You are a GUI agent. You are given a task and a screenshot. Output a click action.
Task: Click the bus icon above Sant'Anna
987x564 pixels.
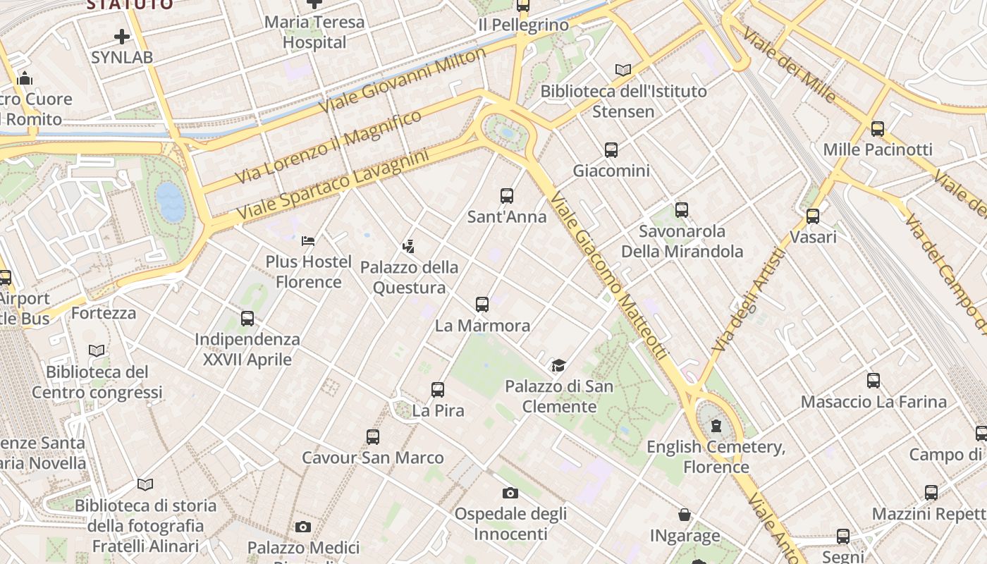point(506,196)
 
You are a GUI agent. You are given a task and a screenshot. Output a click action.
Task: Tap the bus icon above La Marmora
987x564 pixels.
point(482,305)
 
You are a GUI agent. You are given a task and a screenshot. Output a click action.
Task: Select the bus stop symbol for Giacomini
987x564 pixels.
point(611,150)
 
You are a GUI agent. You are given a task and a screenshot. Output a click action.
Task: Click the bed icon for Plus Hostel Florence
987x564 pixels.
point(308,241)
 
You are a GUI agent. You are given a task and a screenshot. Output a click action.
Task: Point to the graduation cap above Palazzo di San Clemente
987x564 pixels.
point(559,365)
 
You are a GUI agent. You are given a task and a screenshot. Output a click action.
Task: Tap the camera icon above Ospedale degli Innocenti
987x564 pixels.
point(510,493)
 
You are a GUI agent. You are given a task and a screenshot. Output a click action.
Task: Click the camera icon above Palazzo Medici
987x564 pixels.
point(303,527)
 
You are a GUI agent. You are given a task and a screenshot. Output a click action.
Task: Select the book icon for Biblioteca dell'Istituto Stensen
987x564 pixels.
point(623,70)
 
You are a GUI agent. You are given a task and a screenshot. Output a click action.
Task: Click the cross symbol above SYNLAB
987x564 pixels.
point(122,37)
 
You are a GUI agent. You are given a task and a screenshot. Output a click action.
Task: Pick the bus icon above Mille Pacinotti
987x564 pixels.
point(878,129)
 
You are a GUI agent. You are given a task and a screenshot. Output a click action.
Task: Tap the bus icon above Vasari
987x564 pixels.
point(813,216)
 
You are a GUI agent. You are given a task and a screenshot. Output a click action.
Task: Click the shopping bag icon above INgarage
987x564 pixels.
point(685,515)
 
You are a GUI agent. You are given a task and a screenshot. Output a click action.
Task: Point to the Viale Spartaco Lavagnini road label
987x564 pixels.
point(333,183)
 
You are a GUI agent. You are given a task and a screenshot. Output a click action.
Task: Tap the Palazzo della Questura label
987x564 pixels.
point(409,277)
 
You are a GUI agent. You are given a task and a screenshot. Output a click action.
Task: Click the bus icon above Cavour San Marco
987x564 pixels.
point(373,437)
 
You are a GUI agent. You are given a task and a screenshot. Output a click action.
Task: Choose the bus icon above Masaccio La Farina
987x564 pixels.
point(873,381)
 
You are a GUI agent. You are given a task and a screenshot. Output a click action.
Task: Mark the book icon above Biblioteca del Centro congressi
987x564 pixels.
point(97,350)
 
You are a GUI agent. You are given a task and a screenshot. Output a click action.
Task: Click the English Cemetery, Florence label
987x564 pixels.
point(716,456)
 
